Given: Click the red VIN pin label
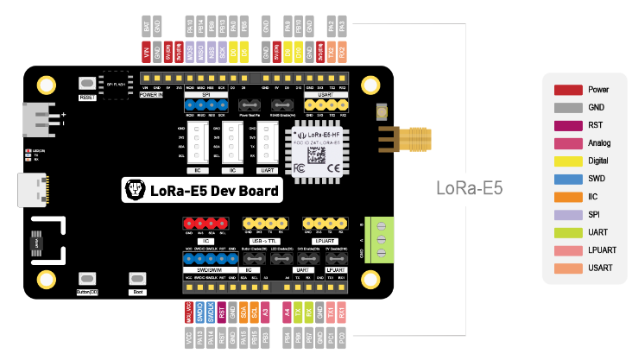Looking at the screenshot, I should coord(147,51).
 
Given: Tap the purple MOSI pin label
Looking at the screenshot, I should coord(190,51).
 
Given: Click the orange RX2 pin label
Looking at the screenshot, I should coord(343,51).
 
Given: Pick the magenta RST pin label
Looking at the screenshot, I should coord(222,313).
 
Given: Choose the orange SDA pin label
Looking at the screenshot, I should coord(243,313).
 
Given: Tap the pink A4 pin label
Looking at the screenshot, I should coord(287,313).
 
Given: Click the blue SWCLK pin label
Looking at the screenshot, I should coord(211,313).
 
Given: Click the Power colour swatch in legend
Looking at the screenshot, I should coord(567,89).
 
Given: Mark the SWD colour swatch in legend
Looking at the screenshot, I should coord(567,179).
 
